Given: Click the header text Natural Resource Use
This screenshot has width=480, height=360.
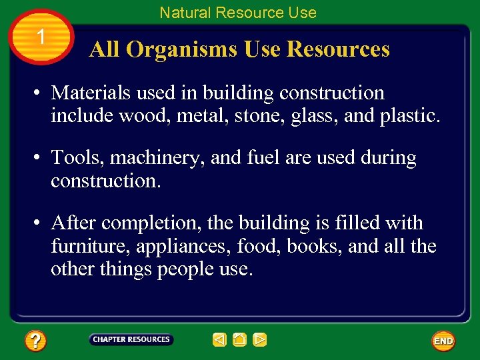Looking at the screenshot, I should click(238, 12).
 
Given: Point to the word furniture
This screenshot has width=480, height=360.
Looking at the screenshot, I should click(91, 246).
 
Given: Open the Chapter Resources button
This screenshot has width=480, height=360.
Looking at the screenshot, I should click(131, 339).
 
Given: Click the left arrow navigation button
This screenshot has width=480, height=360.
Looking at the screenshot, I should click(219, 340).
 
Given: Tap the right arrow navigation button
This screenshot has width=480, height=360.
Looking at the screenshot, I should click(260, 340).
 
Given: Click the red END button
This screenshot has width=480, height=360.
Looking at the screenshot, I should click(443, 341).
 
